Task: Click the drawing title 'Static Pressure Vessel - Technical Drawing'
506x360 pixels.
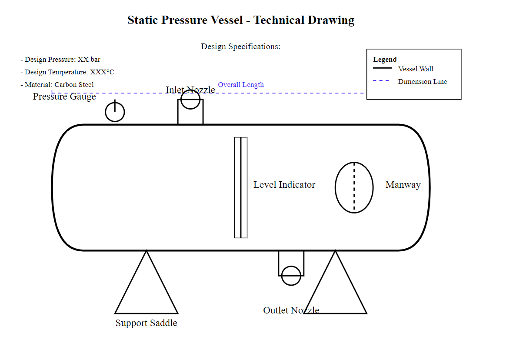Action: coord(241,20)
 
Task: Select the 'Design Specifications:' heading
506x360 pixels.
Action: coord(240,47)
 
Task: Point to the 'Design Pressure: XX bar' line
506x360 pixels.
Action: coord(60,60)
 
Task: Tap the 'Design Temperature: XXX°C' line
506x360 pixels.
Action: coord(67,72)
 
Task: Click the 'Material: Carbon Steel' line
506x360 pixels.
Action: coord(57,85)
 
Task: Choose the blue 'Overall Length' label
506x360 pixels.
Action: coord(241,85)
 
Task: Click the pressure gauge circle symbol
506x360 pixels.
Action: coord(115,112)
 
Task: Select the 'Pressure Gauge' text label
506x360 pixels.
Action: coord(64,97)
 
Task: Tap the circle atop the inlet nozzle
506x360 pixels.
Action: coord(190,99)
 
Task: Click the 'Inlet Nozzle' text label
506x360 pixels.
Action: coord(190,90)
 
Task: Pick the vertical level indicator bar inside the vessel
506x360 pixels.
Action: coord(241,187)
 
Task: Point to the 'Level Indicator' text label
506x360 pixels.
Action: coord(284,185)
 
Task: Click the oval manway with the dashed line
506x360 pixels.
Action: coord(354,187)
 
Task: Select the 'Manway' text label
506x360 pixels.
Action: coord(403,185)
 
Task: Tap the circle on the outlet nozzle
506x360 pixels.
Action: coord(291,276)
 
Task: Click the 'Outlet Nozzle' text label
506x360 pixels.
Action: coord(291,310)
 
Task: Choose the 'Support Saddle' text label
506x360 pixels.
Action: coord(146,323)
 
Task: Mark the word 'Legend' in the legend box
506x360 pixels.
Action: coord(385,60)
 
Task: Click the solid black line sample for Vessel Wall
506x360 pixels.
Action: coord(382,68)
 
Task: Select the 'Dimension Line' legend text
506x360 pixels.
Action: coord(422,82)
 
